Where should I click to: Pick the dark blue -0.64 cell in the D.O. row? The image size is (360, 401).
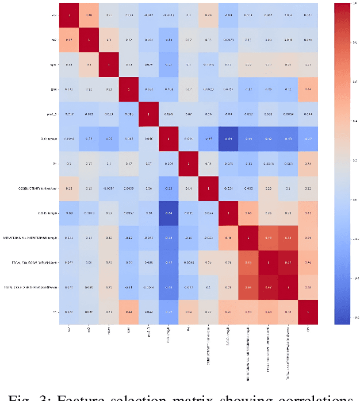point(228,138)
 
